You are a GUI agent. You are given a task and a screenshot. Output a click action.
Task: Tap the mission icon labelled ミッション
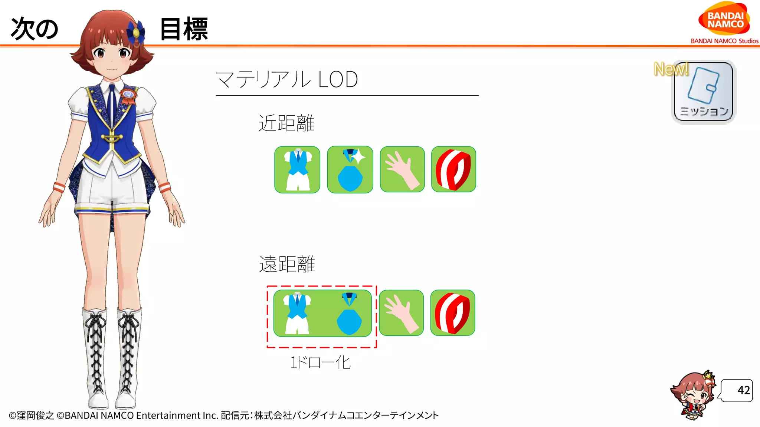click(704, 92)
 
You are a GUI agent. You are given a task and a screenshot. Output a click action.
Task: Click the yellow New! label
click(671, 69)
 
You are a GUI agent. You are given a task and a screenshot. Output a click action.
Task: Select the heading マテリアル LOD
click(286, 79)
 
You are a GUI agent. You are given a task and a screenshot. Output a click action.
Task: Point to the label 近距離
click(286, 123)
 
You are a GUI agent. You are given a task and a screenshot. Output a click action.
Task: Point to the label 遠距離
click(287, 264)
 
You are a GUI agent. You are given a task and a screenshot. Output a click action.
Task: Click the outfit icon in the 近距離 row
click(297, 170)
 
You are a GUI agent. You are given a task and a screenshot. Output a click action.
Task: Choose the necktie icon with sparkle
click(350, 170)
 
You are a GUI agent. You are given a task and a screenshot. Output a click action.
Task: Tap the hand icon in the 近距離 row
click(402, 170)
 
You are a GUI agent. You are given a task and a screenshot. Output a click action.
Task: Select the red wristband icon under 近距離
click(453, 170)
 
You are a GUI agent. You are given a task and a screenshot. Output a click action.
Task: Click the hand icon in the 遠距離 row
click(401, 313)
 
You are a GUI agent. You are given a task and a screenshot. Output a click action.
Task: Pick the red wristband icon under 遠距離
click(453, 313)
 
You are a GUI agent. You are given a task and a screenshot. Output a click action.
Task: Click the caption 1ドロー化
click(320, 363)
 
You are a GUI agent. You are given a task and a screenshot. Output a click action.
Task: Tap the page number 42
click(743, 390)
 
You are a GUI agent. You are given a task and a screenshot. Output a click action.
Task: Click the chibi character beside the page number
click(693, 395)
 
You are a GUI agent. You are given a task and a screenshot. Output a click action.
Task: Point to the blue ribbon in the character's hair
click(136, 32)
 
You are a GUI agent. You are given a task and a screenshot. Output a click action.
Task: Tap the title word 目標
click(184, 29)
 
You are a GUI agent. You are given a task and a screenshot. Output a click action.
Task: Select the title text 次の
click(35, 29)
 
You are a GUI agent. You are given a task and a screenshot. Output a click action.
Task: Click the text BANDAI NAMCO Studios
click(724, 41)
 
